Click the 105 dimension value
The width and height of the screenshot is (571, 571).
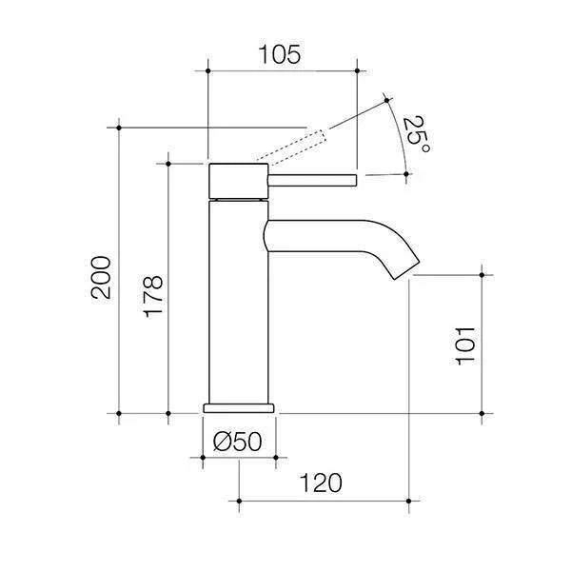click(x=281, y=54)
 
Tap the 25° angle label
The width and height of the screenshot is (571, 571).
click(x=416, y=135)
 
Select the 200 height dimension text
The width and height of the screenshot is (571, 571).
click(x=101, y=277)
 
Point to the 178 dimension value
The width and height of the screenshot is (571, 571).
click(x=152, y=296)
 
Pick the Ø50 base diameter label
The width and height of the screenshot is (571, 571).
click(x=239, y=442)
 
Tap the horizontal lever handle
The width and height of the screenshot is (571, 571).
click(x=314, y=178)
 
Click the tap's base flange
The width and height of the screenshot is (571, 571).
click(x=239, y=406)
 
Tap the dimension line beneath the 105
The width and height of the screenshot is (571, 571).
click(x=281, y=69)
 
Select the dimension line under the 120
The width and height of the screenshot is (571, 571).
click(x=324, y=500)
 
